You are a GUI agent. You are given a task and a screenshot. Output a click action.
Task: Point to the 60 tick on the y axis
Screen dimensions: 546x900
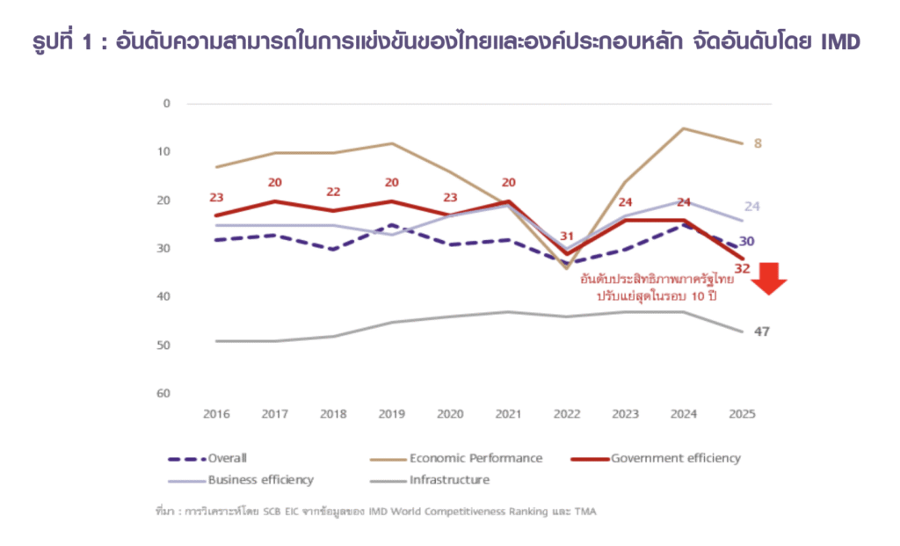(163, 393)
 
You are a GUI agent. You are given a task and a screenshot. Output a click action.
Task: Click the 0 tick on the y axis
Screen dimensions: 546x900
(166, 103)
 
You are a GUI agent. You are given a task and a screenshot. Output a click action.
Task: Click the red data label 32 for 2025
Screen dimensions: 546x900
(741, 268)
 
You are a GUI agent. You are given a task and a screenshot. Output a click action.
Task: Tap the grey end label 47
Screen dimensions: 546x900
(762, 331)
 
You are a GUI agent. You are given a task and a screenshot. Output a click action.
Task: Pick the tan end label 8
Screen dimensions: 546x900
(758, 143)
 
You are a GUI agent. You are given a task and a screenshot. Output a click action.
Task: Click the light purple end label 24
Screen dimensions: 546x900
(752, 207)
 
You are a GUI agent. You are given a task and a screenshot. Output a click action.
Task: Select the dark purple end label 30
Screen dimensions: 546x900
(745, 242)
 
